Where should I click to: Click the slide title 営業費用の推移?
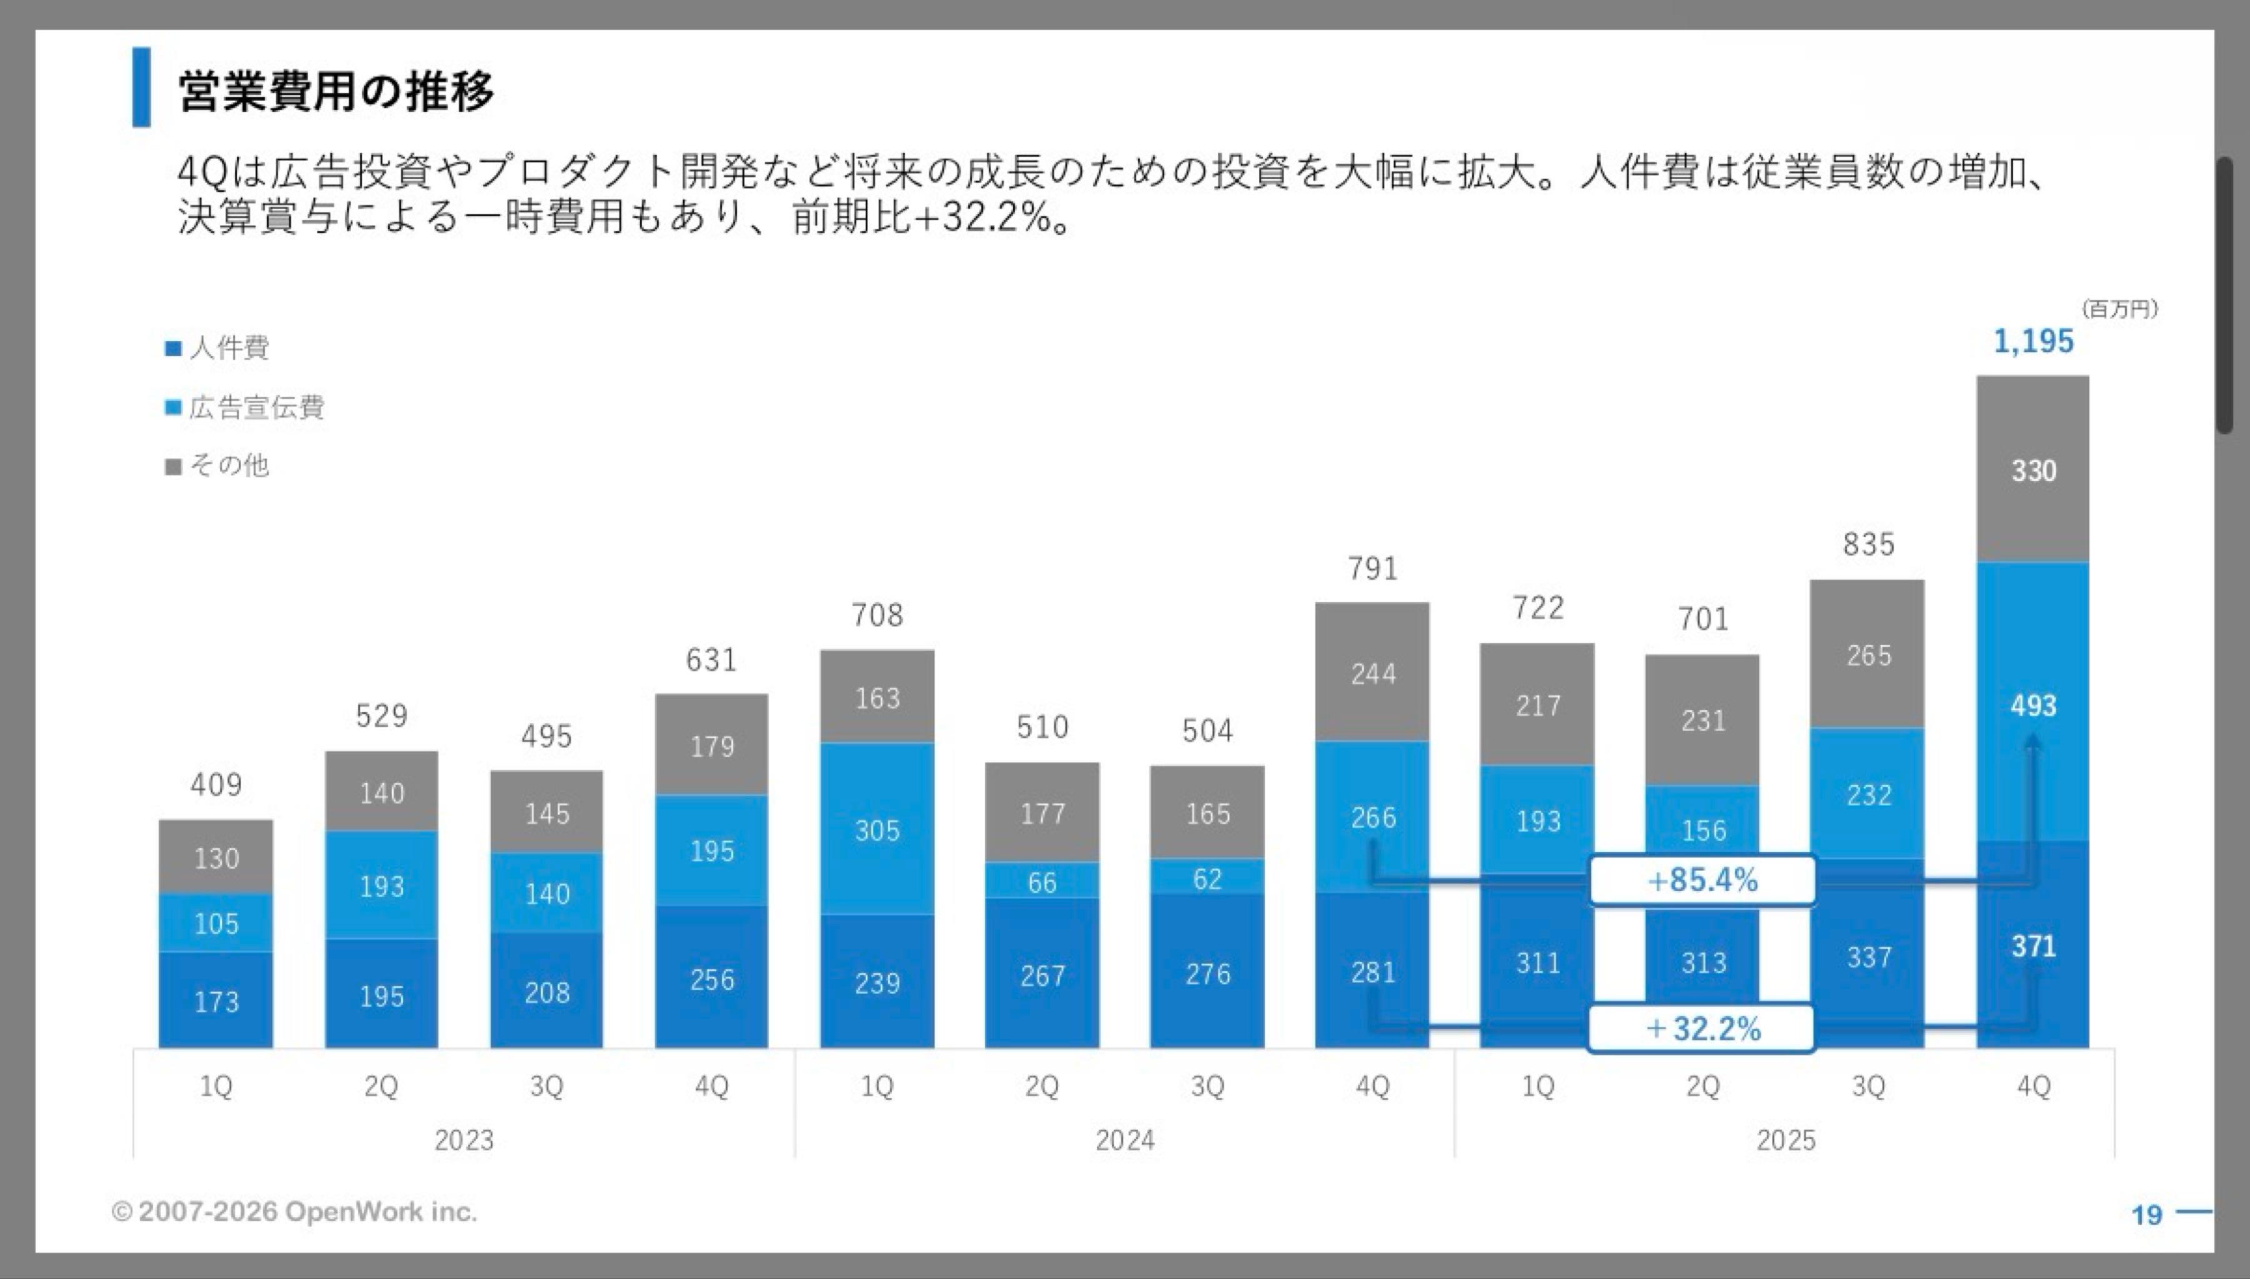click(335, 91)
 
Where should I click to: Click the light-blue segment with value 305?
click(877, 830)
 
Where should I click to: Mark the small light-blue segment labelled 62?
click(1207, 879)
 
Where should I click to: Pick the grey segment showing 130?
click(216, 857)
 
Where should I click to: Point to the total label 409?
click(216, 784)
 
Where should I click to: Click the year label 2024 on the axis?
click(1124, 1140)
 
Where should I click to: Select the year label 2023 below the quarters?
click(464, 1140)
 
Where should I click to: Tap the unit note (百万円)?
click(2118, 309)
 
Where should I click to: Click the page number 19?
click(2146, 1215)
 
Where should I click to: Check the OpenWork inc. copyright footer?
click(294, 1212)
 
